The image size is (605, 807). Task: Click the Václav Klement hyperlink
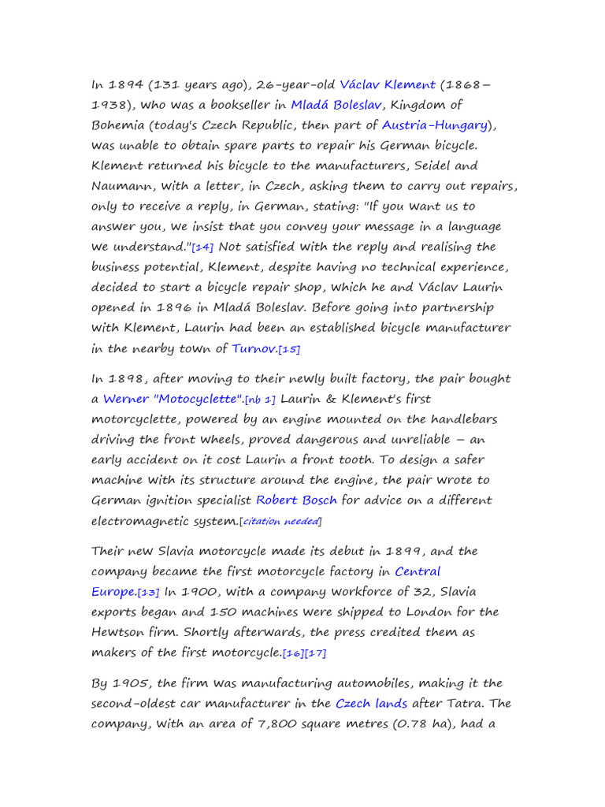[388, 85]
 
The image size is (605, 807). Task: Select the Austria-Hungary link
[435, 125]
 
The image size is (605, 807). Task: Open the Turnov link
[254, 348]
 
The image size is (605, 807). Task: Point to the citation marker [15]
[289, 349]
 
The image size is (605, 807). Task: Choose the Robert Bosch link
[296, 500]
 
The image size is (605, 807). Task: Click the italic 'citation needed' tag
[281, 521]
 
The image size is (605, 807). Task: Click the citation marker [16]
[293, 653]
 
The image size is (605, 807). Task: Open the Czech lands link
[371, 704]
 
